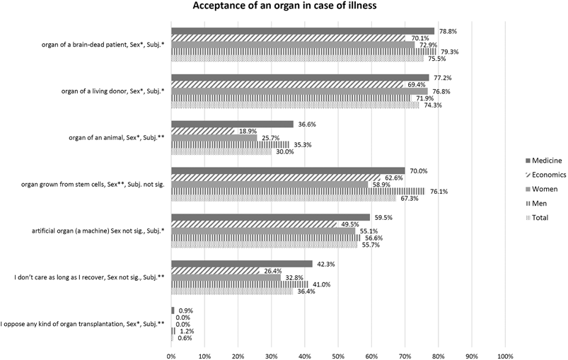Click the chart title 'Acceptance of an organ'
pyautogui.click(x=283, y=8)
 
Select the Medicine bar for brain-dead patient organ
pyautogui.click(x=302, y=31)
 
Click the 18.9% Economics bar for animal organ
pyautogui.click(x=202, y=131)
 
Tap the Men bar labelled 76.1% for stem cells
pyautogui.click(x=298, y=191)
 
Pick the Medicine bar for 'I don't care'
pyautogui.click(x=241, y=264)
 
